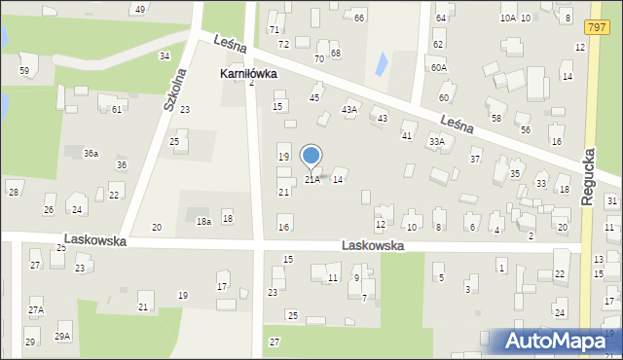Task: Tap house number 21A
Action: coord(312,179)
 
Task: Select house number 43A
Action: coord(349,110)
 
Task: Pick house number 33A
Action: coord(437,141)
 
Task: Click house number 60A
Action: coord(439,67)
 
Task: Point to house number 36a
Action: coord(91,154)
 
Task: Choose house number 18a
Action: coord(203,222)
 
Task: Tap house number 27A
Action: coord(36,309)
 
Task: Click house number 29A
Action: coord(62,336)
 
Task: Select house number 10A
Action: coord(507,18)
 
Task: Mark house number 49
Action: coord(140,9)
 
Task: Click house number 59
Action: coord(24,71)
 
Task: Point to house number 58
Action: coord(495,118)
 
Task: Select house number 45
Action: coord(314,97)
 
